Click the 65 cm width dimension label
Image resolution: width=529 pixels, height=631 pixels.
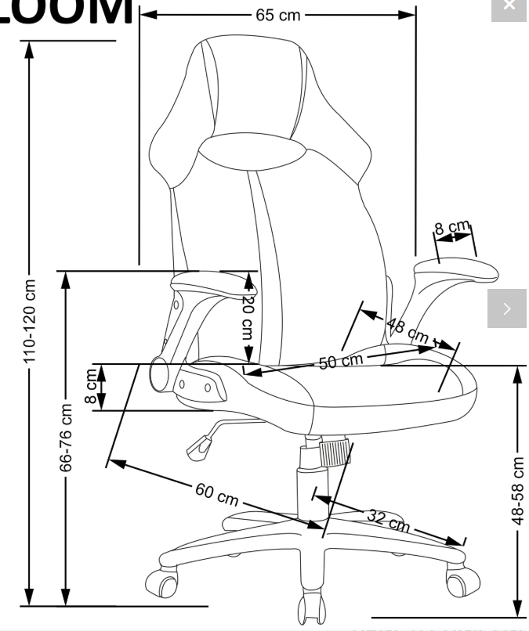tap(277, 15)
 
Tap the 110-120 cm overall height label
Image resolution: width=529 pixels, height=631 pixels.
tap(31, 321)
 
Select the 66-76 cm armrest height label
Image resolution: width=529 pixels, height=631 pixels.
tap(67, 438)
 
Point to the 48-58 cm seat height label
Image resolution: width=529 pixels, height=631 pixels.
tap(517, 490)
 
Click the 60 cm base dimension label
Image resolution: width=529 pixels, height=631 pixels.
tap(216, 495)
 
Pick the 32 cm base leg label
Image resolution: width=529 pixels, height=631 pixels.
tap(388, 520)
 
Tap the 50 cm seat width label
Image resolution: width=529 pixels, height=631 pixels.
tap(341, 361)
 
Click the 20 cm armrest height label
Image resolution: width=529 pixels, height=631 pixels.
tap(248, 315)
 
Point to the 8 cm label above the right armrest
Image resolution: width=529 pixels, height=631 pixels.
tap(453, 229)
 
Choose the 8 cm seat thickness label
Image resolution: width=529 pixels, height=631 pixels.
tap(92, 388)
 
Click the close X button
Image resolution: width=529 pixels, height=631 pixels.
tap(509, 7)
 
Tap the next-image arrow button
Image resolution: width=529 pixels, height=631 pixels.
tap(507, 308)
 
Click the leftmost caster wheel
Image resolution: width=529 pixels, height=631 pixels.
tap(162, 583)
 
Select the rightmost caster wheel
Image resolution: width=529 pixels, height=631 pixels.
tap(462, 580)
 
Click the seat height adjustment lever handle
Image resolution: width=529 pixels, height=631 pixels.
tap(197, 447)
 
